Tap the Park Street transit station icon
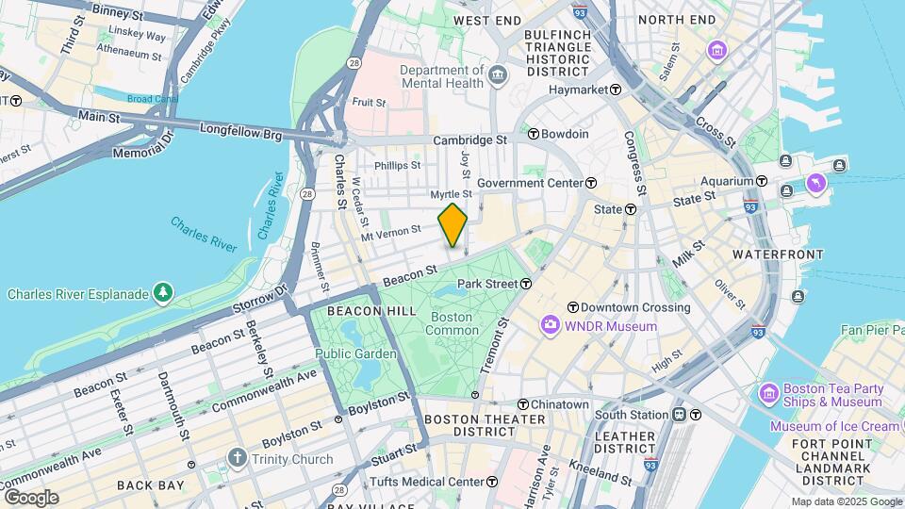[526, 283]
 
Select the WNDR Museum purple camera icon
[550, 326]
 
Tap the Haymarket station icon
[616, 90]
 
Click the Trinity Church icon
[237, 459]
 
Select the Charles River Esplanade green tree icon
[165, 294]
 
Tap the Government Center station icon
[591, 183]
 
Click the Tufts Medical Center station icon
[492, 482]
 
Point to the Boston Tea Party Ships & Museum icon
[768, 391]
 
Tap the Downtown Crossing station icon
[572, 307]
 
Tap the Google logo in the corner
[31, 497]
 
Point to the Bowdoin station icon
[533, 134]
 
